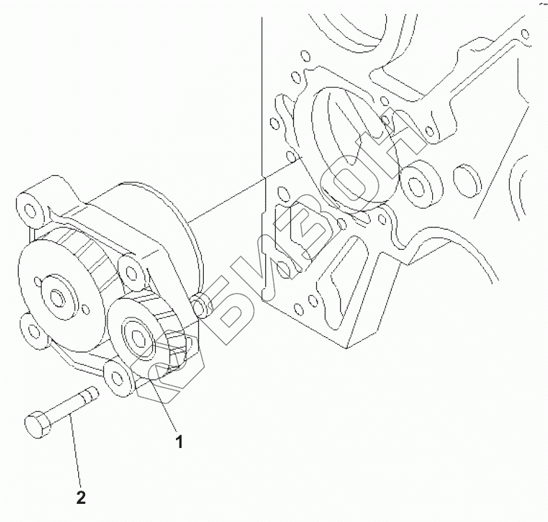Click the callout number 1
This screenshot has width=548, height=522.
179,441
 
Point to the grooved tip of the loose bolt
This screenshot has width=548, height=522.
91,396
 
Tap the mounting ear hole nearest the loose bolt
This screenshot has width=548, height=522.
116,378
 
